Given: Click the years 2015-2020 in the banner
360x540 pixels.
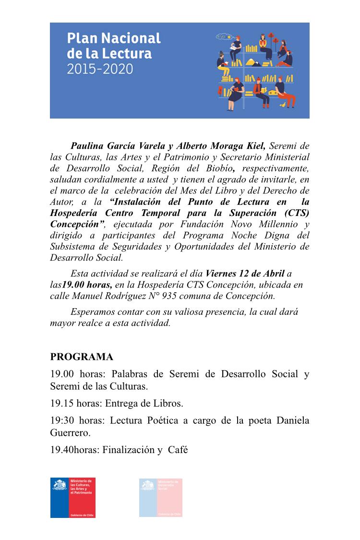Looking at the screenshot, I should pos(100,68).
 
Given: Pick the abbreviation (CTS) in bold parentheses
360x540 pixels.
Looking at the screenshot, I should pos(293,213).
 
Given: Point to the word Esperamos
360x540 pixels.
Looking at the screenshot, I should pos(92,312).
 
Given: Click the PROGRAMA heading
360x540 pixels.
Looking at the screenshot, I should pos(82,357).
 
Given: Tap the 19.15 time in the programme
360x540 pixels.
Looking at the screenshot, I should pos(61,404).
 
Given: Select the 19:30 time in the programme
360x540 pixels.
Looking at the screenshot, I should pos(61,421).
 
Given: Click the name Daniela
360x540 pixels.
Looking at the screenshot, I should pos(292,421).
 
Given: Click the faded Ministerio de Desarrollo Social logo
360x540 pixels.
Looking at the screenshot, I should pos(161,498).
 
